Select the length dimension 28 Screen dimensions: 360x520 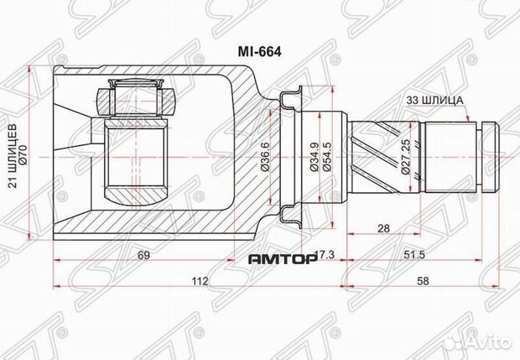coord(384,228)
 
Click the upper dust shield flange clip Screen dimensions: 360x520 coord(292,97)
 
